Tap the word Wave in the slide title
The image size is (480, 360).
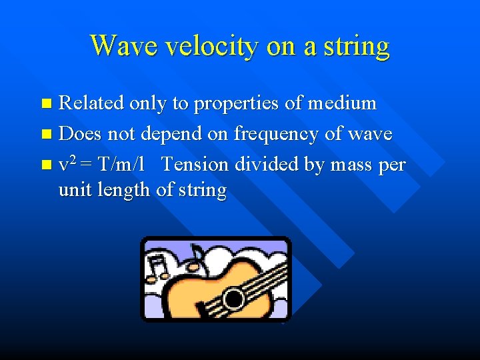point(122,45)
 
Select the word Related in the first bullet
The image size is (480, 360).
point(91,103)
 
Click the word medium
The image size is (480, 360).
point(343,103)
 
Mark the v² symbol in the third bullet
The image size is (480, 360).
point(67,164)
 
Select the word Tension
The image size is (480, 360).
point(194,164)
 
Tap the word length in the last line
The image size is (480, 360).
point(125,191)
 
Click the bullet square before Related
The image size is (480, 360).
point(45,104)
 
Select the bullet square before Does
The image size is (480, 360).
point(45,135)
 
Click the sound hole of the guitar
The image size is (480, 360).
point(233,298)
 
